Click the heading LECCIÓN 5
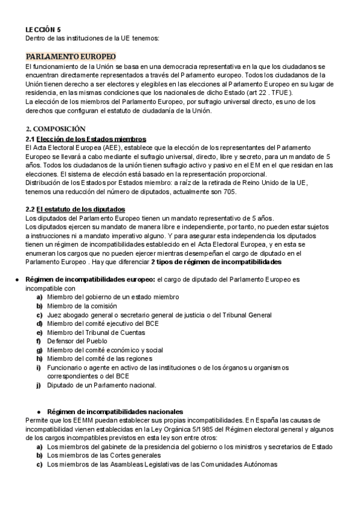(43, 29)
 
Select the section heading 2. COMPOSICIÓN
(55, 128)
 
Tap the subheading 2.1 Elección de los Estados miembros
(86, 139)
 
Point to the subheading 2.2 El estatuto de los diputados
(75, 209)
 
